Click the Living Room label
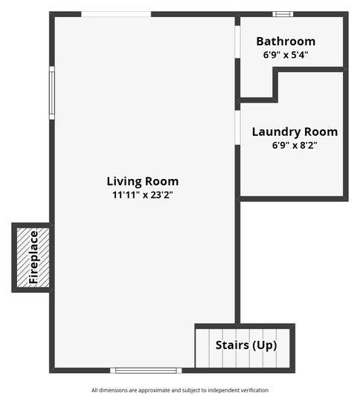[x=142, y=181]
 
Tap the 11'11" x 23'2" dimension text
[x=142, y=195]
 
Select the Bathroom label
[x=286, y=42]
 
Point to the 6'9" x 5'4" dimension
[x=286, y=55]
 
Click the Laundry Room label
[x=295, y=132]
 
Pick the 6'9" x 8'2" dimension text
[x=295, y=146]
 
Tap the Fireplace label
[x=33, y=258]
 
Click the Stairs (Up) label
[x=245, y=345]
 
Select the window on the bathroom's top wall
[x=283, y=13]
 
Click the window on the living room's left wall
[x=52, y=93]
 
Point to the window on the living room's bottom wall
[x=146, y=370]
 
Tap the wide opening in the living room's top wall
[x=116, y=13]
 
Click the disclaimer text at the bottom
[x=180, y=390]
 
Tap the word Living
[x=123, y=181]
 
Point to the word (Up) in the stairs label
[x=264, y=345]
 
